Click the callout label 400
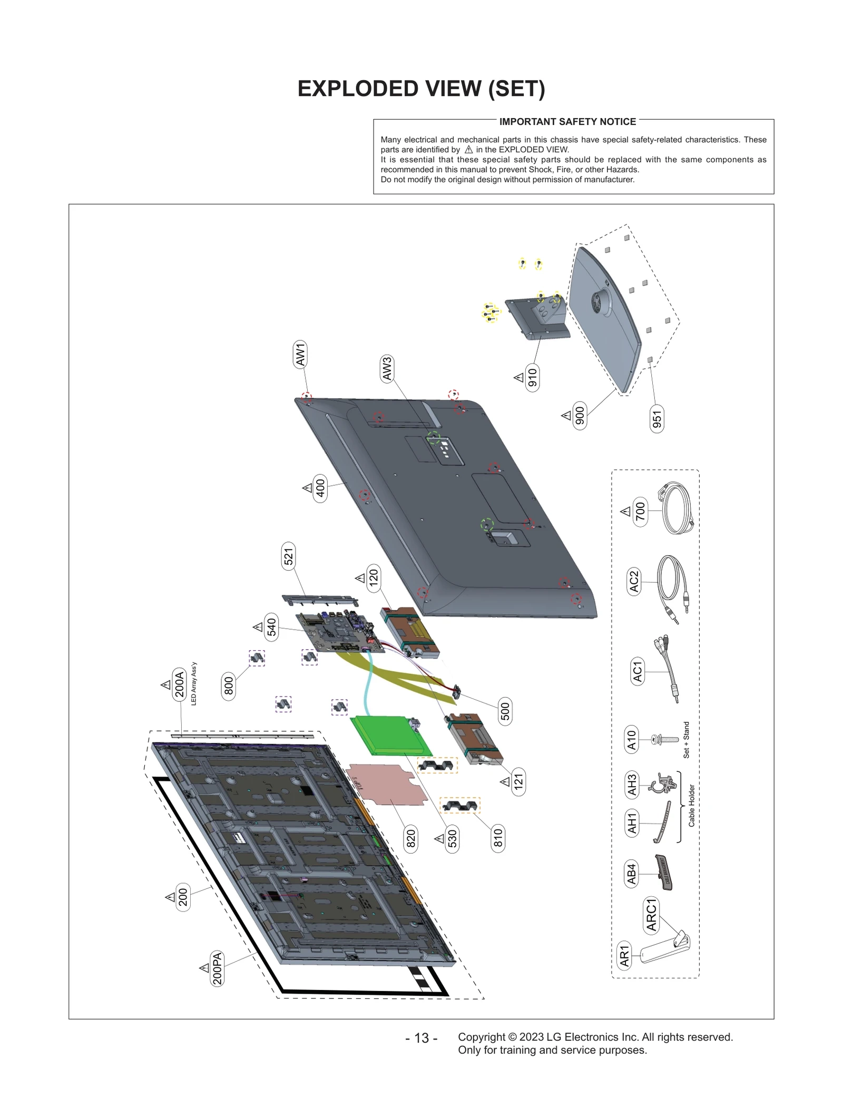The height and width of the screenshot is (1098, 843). click(x=320, y=488)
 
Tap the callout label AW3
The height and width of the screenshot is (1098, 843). click(x=387, y=368)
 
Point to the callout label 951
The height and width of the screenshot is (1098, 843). click(x=656, y=419)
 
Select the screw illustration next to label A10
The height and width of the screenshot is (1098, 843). click(x=665, y=739)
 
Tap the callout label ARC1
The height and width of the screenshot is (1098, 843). click(x=652, y=915)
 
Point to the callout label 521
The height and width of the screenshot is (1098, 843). click(x=288, y=556)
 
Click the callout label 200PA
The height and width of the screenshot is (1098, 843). click(x=217, y=968)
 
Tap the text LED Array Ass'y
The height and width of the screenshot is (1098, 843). click(x=194, y=684)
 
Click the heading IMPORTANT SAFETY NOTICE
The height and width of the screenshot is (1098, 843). click(x=567, y=122)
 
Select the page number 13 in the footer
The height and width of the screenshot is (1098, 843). click(x=421, y=1038)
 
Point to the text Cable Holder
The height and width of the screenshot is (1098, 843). click(x=692, y=806)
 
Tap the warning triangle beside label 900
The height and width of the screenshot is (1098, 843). click(x=566, y=416)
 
